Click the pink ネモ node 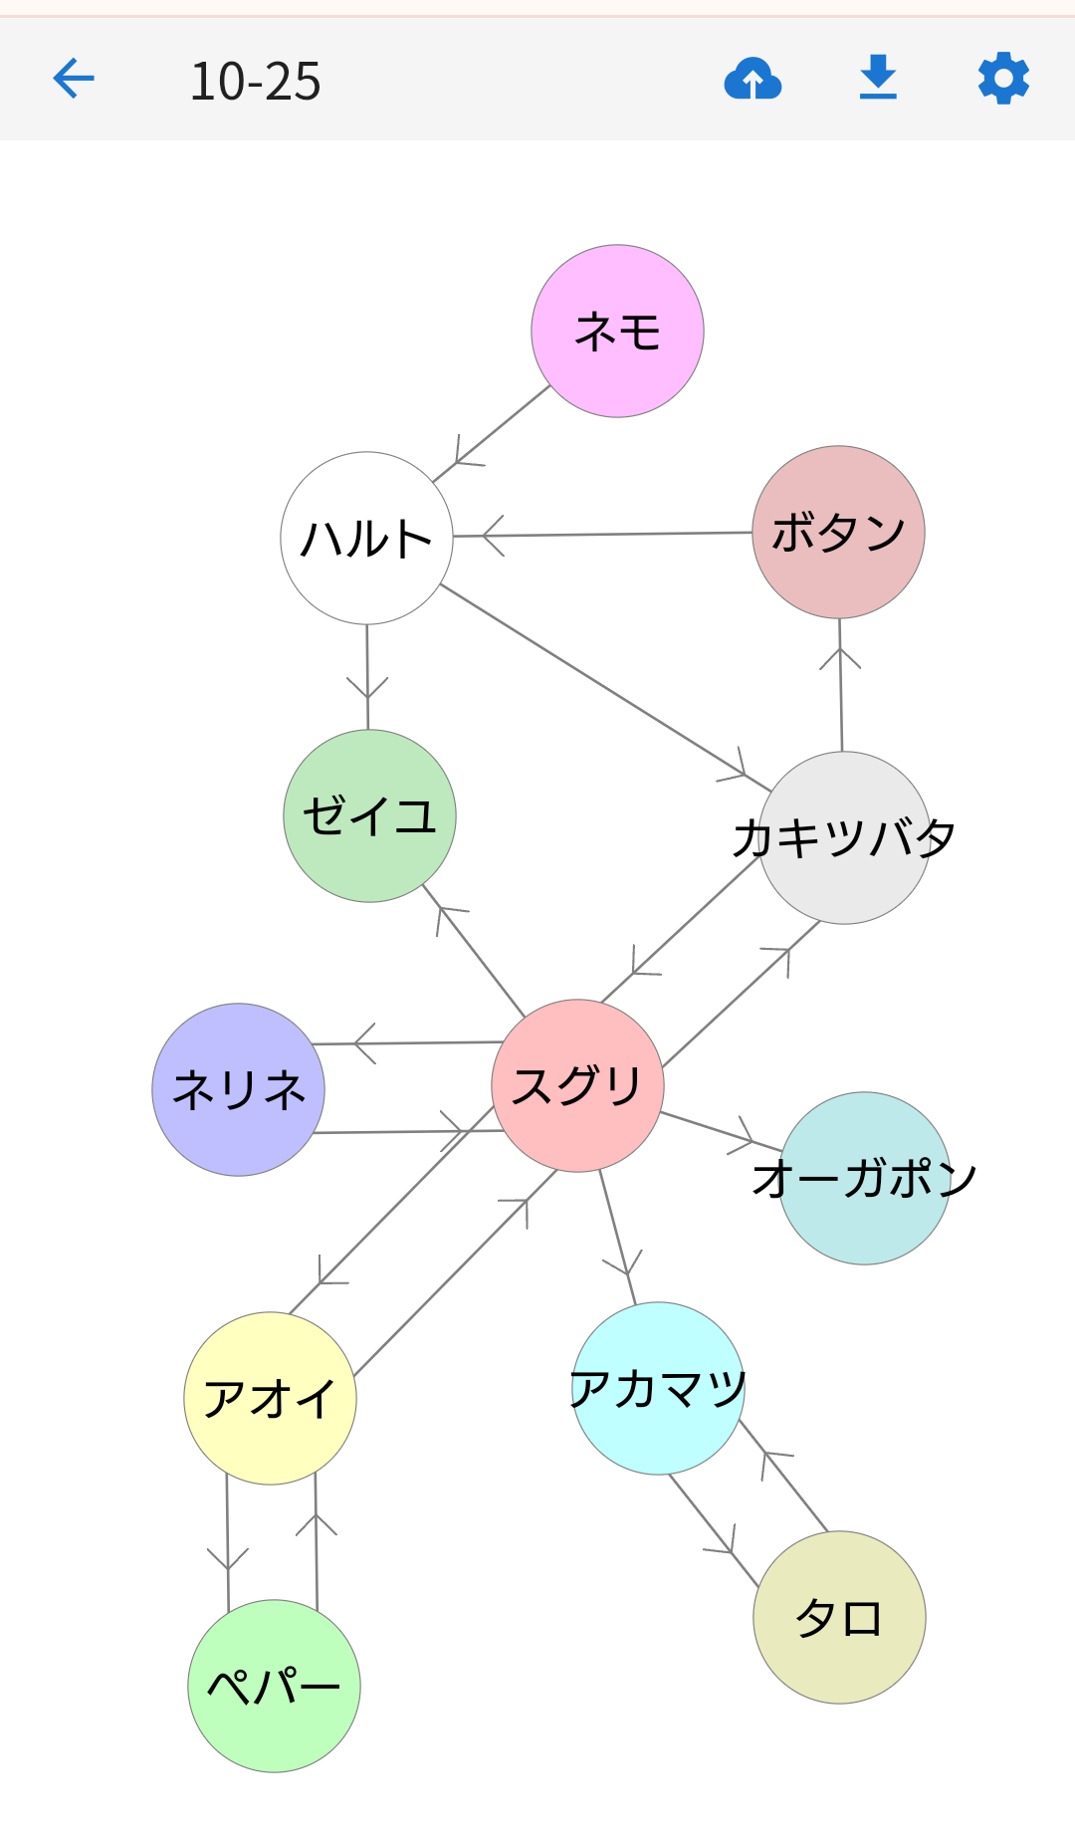[617, 331]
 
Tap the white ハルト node [366, 538]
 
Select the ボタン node [838, 532]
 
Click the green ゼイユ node [369, 815]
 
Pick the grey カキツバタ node [844, 837]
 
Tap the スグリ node [577, 1085]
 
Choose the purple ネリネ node [238, 1089]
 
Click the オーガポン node [864, 1178]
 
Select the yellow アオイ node [270, 1398]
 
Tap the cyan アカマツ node [658, 1388]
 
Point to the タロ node [839, 1617]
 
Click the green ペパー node [274, 1686]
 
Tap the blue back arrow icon [74, 79]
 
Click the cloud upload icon [752, 79]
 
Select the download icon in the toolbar [878, 79]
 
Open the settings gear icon [1003, 79]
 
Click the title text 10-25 [256, 81]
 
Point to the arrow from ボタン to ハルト [602, 535]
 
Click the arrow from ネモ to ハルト [492, 434]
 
